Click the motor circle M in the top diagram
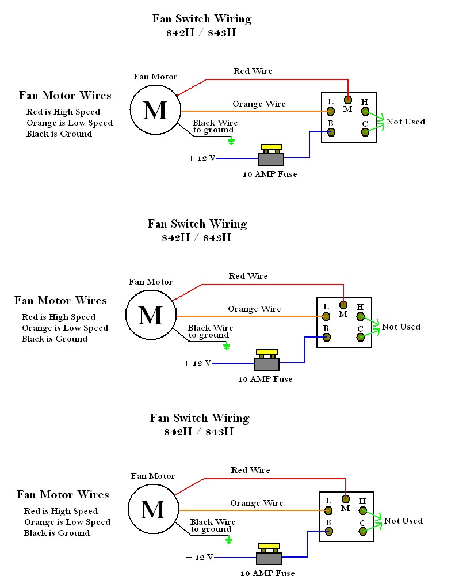(155, 109)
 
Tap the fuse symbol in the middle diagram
(267, 360)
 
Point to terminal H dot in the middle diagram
(361, 316)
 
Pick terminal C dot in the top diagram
(365, 132)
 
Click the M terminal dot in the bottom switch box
(346, 499)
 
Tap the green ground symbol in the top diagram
(231, 141)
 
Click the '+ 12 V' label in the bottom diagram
(200, 557)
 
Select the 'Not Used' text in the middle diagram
(401, 327)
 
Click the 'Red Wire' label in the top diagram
(253, 71)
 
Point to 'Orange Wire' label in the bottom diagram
(257, 503)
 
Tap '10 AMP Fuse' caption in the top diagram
(271, 174)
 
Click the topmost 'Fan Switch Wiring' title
(201, 18)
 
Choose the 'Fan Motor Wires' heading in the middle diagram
(60, 300)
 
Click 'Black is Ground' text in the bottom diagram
(57, 533)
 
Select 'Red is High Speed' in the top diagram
(63, 112)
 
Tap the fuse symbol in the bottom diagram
(269, 554)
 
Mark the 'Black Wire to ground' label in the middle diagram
(208, 331)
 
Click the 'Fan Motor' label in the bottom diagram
(153, 476)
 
